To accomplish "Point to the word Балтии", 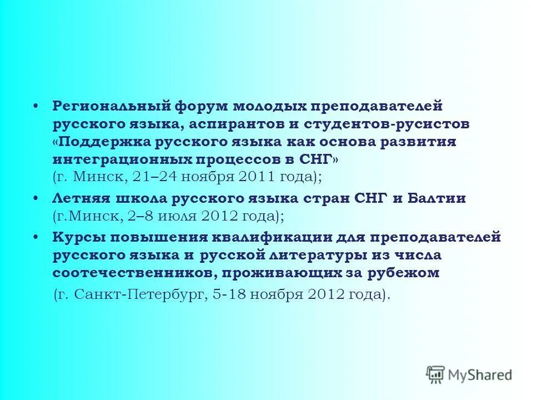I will pyautogui.click(x=437, y=198).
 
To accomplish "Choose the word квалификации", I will pyautogui.click(x=275, y=237).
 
